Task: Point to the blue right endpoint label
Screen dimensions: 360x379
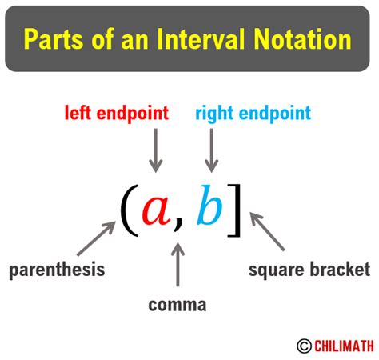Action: (x=253, y=114)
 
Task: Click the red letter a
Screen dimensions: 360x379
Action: (x=155, y=210)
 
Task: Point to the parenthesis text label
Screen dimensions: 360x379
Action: (x=57, y=270)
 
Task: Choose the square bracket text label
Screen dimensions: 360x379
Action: (x=309, y=270)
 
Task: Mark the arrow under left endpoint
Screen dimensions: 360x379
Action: (x=156, y=150)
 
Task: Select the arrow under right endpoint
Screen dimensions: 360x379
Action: (x=211, y=150)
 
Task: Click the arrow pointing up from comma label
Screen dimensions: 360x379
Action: (x=178, y=267)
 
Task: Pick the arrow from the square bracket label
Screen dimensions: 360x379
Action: (x=268, y=232)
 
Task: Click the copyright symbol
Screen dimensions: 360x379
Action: (x=304, y=346)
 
